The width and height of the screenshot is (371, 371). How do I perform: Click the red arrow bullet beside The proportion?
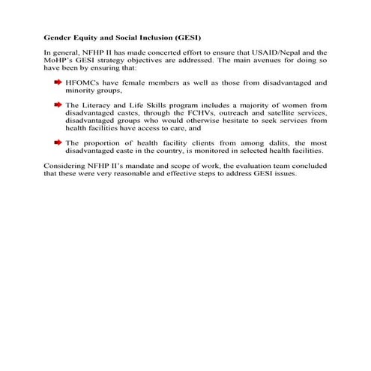[57, 142]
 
